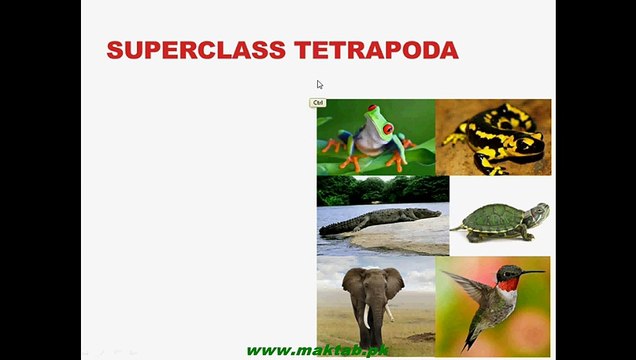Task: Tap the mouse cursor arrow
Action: (x=320, y=85)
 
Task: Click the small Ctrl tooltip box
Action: (x=318, y=103)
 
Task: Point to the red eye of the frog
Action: (x=387, y=129)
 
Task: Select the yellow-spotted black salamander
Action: (x=494, y=138)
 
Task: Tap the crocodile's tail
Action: (x=336, y=229)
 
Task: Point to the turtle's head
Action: (x=539, y=212)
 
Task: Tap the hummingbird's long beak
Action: (x=531, y=272)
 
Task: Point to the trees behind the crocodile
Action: (x=381, y=189)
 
